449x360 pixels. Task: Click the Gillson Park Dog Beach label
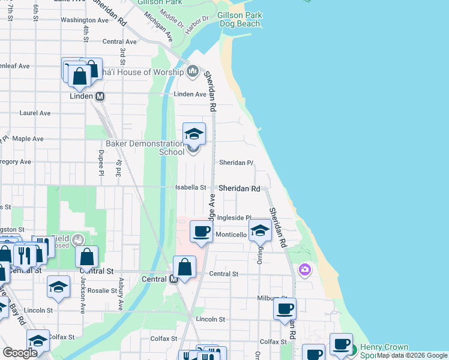point(239,19)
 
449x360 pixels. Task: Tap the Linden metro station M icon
point(100,96)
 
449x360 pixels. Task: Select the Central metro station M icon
point(173,279)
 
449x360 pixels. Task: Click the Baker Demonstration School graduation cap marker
point(194,133)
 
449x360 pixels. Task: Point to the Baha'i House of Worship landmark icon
point(193,72)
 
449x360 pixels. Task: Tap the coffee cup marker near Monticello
point(202,232)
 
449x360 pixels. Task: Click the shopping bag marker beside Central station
point(185,267)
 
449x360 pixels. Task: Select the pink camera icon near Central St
point(305,270)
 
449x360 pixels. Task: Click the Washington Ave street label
point(85,20)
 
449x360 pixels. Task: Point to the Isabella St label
point(190,188)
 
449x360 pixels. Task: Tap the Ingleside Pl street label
point(233,218)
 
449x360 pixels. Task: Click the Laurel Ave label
point(35,113)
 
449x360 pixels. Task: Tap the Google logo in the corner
point(20,353)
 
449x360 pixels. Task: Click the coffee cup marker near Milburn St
point(285,309)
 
